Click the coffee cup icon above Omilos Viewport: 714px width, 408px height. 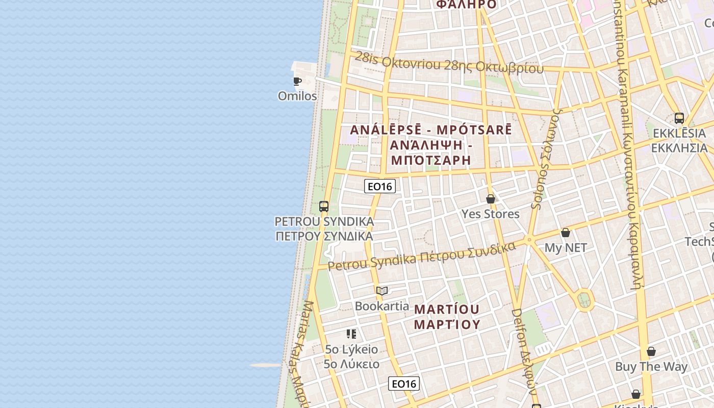[297, 81]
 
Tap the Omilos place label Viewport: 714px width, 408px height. [297, 96]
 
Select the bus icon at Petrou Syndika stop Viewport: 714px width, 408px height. [324, 207]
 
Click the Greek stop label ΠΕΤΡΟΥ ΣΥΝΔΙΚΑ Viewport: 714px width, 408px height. [324, 236]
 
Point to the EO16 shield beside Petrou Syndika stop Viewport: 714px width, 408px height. [380, 186]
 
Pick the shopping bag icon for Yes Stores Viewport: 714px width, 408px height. [491, 199]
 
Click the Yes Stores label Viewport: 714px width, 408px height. [491, 214]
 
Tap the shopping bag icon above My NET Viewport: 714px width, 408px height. [566, 233]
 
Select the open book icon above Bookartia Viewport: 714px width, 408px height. [382, 291]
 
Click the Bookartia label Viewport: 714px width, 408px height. [382, 306]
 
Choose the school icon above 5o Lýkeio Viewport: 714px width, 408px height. [351, 334]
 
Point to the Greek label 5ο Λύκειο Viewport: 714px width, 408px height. [352, 364]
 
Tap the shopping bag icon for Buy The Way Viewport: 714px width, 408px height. [651, 351]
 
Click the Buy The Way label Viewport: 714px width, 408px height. [651, 366]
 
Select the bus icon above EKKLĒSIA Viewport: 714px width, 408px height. [679, 118]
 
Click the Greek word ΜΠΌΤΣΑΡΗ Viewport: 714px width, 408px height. [430, 160]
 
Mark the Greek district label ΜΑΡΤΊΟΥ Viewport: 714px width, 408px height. [447, 324]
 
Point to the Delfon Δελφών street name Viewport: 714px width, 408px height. [524, 352]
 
